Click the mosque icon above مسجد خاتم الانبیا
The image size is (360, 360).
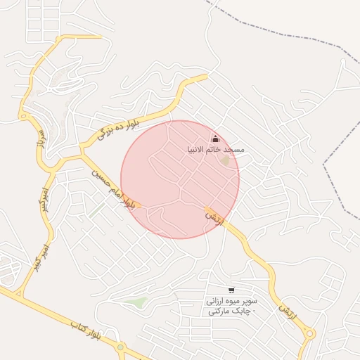(x=215, y=139)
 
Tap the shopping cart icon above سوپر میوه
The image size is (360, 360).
(x=231, y=290)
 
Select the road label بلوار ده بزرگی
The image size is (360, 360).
(x=118, y=127)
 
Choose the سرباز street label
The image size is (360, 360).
(x=40, y=145)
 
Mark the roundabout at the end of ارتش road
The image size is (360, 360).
(x=310, y=334)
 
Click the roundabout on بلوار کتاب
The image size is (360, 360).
(x=121, y=347)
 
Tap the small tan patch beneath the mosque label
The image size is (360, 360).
(x=226, y=161)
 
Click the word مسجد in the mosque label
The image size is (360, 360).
(x=233, y=150)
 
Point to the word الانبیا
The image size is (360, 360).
(x=196, y=150)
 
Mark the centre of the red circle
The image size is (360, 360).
(x=180, y=179)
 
